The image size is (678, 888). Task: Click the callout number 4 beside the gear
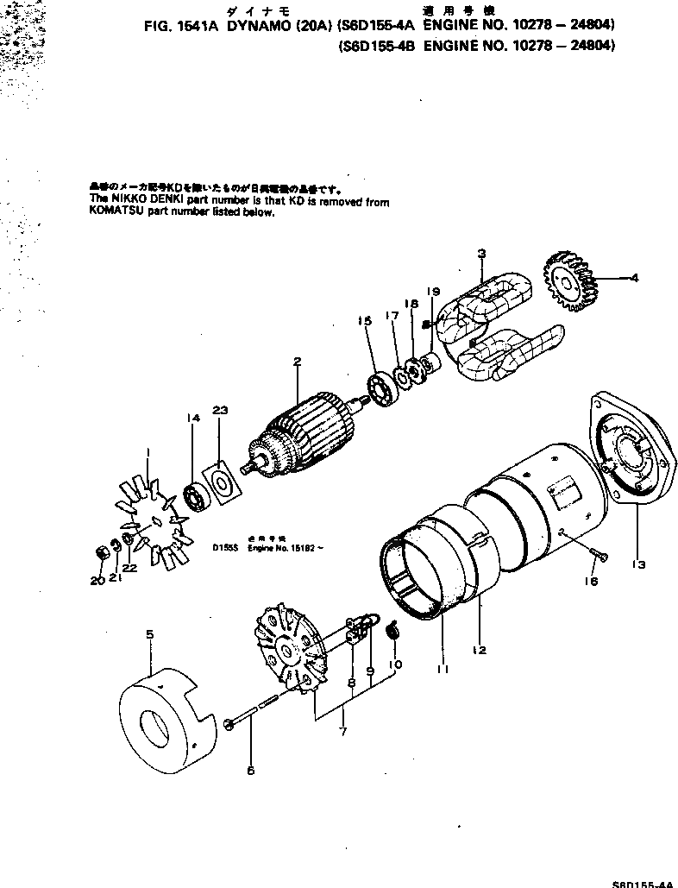coord(635,278)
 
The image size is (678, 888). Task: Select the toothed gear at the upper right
coord(570,278)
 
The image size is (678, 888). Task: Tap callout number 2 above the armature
coord(296,362)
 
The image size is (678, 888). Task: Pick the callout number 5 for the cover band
coord(149,633)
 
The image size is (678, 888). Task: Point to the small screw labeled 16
coord(593,550)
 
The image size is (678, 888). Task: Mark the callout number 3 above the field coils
coord(481,253)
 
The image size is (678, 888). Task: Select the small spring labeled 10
coord(392,632)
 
